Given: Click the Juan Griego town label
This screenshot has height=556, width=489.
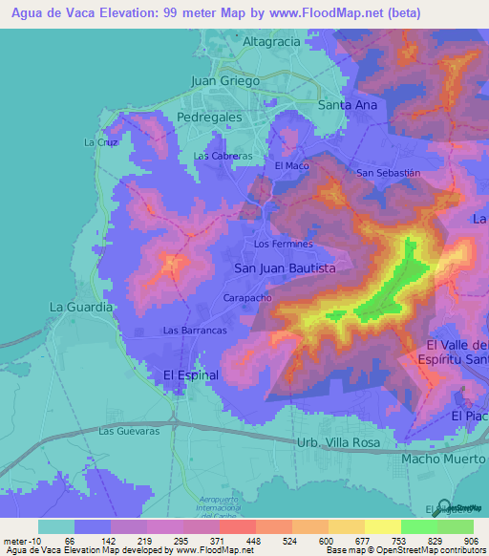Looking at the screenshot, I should (x=225, y=81).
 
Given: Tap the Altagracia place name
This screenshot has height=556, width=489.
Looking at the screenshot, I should (x=272, y=43).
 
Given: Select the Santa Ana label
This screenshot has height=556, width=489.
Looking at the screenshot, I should (x=348, y=105).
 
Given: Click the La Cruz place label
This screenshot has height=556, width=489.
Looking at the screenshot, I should (x=99, y=142).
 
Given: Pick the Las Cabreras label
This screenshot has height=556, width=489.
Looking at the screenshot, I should (x=223, y=156).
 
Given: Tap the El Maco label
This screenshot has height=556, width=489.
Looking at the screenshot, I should (x=292, y=165).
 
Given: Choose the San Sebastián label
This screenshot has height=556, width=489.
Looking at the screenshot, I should (x=388, y=173).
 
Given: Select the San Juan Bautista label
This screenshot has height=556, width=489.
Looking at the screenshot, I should (x=285, y=269).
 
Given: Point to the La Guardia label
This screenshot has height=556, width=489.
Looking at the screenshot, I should (x=81, y=308).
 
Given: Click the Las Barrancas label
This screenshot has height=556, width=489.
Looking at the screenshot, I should (x=195, y=330).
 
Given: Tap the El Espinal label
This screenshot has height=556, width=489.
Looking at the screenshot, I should (x=192, y=374).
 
